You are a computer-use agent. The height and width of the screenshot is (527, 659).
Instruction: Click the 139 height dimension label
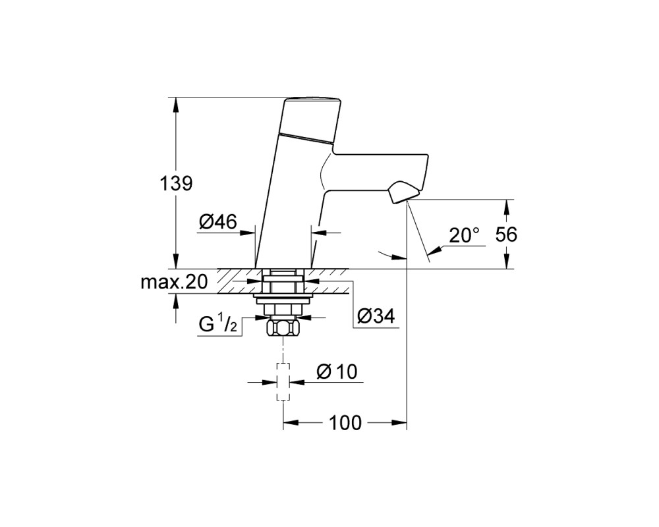coord(176,184)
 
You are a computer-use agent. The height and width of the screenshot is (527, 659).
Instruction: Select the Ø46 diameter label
coord(218,221)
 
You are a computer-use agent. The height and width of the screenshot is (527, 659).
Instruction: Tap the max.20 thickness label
coord(174,282)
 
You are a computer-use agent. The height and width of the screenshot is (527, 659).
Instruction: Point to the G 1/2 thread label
coord(217,325)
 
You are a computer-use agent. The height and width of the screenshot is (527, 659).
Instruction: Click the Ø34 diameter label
coord(376,316)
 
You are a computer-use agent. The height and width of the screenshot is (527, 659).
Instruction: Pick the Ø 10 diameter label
coord(337,372)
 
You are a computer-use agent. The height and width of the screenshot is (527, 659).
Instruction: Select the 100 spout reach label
coord(345,423)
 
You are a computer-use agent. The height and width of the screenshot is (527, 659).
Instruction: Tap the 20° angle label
coord(464,235)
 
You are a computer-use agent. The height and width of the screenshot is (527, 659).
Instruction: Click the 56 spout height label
coord(506,234)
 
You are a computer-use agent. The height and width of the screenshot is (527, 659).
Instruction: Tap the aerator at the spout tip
coord(403,192)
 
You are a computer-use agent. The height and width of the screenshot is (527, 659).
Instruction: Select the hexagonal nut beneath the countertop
coord(283,327)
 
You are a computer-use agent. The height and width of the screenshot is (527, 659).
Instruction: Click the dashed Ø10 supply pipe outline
coord(283,381)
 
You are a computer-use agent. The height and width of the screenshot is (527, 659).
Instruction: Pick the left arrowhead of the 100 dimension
coord(291,422)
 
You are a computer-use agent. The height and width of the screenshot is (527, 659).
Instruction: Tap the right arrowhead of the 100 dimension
coord(399,422)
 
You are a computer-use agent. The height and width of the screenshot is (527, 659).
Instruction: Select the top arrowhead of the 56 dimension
coord(506,207)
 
